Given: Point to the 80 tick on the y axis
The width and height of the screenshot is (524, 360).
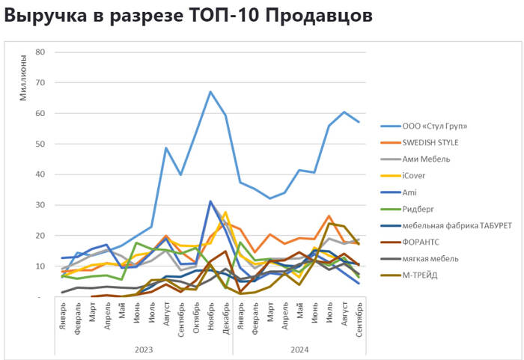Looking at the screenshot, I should [40, 52].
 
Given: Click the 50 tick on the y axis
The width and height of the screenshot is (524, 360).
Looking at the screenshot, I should [40, 144].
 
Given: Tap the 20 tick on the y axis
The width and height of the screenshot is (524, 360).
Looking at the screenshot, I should [40, 236].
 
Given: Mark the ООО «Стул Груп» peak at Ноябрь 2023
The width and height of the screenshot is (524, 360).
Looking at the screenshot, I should [210, 92].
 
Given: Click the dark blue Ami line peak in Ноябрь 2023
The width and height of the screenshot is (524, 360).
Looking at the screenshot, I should [210, 201].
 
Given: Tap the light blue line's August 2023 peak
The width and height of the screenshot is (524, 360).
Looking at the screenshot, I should [166, 148].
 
